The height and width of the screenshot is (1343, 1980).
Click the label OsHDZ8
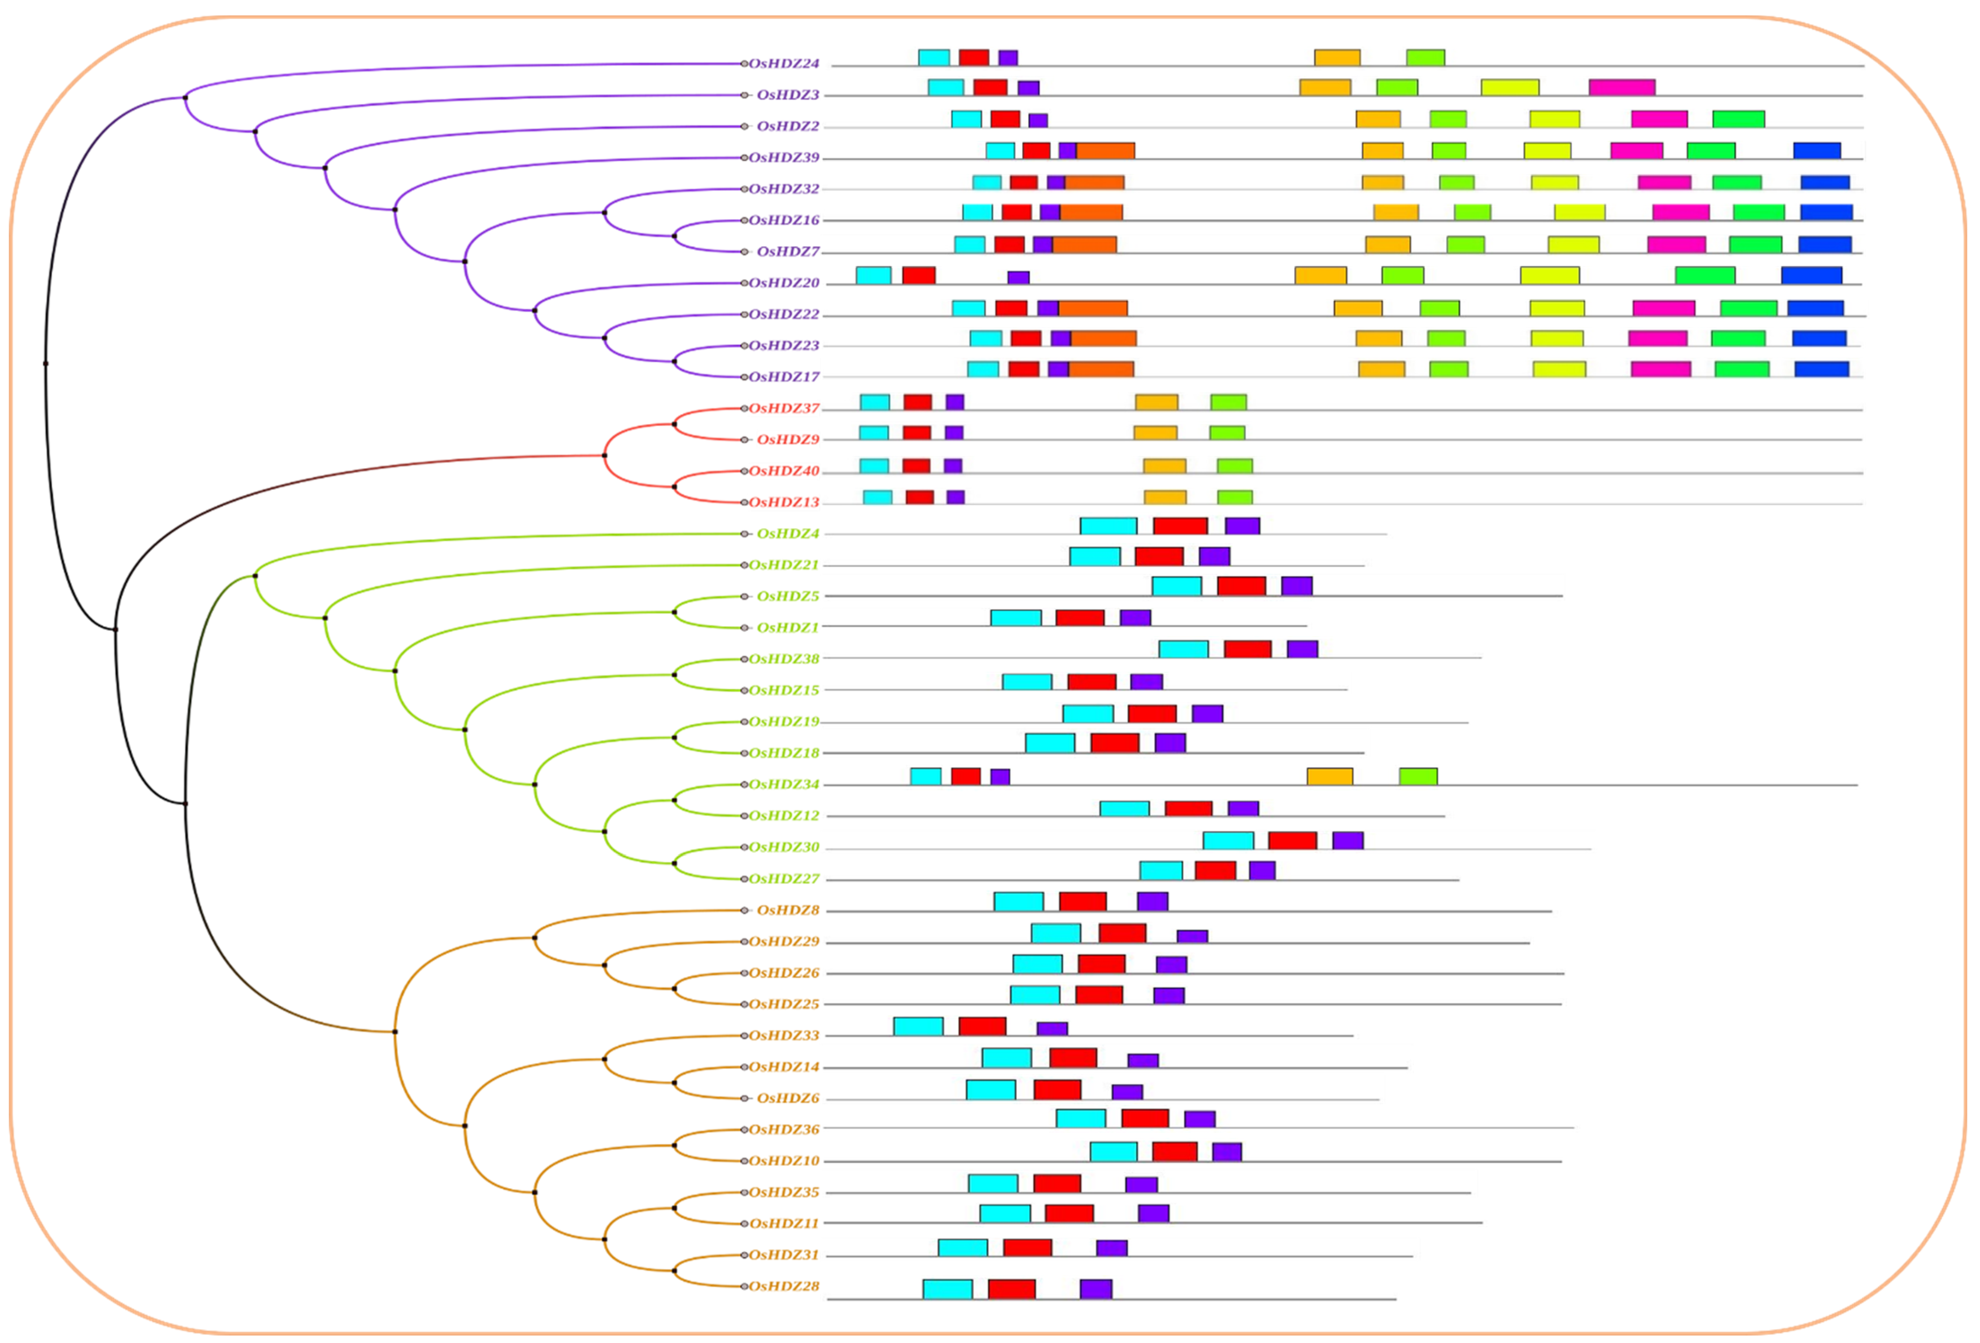(x=787, y=910)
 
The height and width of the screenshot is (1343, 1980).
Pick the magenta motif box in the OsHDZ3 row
(x=1621, y=87)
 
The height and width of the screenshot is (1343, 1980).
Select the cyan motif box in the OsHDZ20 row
(x=873, y=275)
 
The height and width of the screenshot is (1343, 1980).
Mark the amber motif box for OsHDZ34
(x=1329, y=776)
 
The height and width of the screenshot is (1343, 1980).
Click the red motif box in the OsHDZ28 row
(x=1011, y=1289)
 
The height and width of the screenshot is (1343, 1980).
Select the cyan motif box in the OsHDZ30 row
(x=1228, y=840)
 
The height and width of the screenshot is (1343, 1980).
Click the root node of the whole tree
(x=46, y=364)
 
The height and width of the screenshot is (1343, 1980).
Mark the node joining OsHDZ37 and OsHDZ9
(x=675, y=424)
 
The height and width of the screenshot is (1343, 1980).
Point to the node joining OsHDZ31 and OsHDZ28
(x=675, y=1271)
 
